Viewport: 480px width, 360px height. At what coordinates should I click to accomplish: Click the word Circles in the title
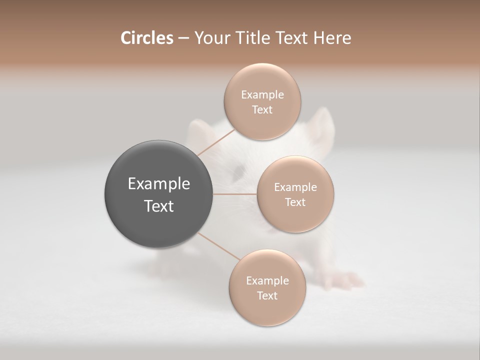click(146, 38)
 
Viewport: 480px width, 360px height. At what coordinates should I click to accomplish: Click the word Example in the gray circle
click(158, 184)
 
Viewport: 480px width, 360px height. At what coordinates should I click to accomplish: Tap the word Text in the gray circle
click(158, 206)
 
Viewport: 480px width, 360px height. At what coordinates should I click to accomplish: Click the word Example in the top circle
click(262, 94)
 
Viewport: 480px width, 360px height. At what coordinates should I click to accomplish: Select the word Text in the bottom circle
click(267, 295)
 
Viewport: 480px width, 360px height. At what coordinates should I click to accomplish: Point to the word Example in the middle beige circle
click(295, 187)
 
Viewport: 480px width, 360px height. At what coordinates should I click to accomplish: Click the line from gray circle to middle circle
click(234, 194)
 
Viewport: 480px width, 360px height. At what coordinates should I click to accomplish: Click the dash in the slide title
click(183, 38)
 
